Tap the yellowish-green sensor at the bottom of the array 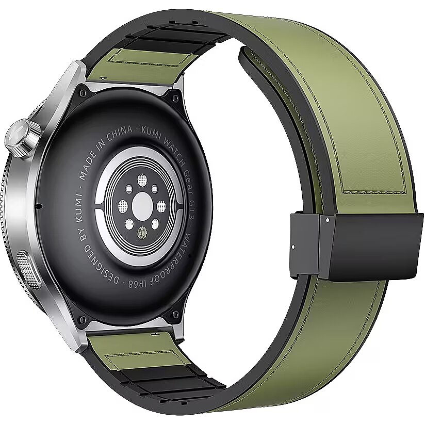[142, 233]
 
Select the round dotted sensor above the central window [142, 180]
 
